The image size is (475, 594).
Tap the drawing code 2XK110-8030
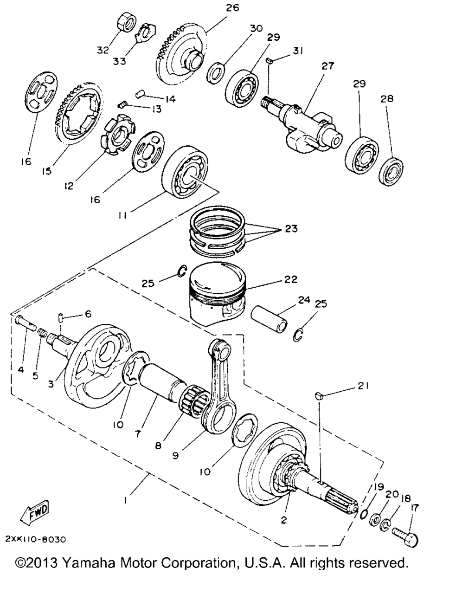click(x=36, y=539)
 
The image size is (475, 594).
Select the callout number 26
click(x=232, y=7)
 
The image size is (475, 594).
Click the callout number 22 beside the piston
click(x=290, y=279)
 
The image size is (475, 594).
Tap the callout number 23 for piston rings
click(x=291, y=228)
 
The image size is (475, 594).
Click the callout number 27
click(x=327, y=66)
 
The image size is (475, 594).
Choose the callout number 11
click(x=122, y=215)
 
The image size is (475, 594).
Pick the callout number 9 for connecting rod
click(x=176, y=455)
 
